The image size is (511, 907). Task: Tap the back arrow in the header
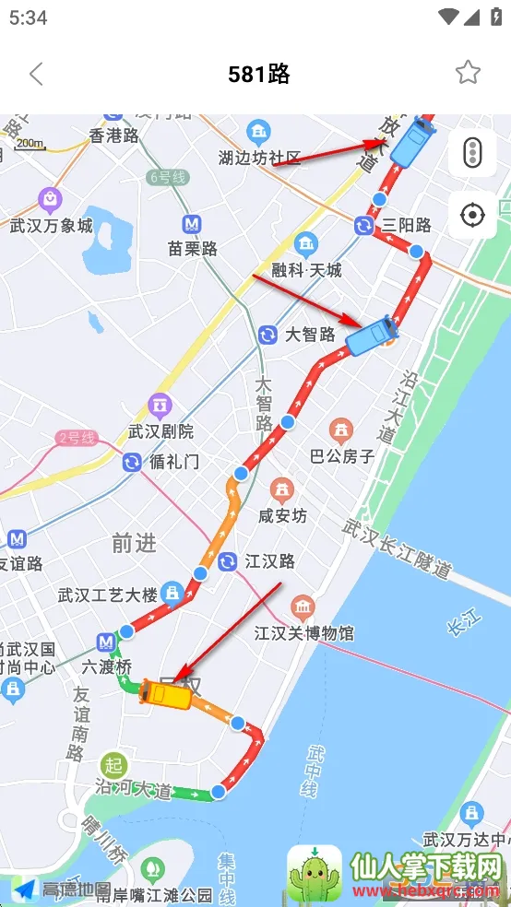(x=36, y=74)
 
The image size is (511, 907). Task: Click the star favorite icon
(x=468, y=73)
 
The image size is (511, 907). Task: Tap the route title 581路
(x=259, y=74)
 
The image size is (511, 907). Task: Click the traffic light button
(x=472, y=152)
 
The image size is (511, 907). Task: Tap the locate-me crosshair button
(x=472, y=216)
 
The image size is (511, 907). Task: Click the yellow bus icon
(x=166, y=694)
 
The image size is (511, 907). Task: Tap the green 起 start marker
(x=113, y=764)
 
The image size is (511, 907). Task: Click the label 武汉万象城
(x=52, y=225)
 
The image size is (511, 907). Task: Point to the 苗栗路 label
(x=193, y=248)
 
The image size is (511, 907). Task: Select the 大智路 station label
(x=310, y=334)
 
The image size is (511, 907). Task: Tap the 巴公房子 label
(x=342, y=455)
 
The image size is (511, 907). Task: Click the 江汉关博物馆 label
(x=304, y=633)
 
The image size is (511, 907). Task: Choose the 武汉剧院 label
(x=161, y=430)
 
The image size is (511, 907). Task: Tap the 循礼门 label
(x=173, y=461)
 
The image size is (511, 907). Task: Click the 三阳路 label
(x=407, y=225)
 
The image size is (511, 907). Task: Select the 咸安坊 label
(x=282, y=515)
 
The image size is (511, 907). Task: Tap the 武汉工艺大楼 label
(x=107, y=594)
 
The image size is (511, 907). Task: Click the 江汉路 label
(x=269, y=560)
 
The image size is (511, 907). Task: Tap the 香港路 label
(x=113, y=135)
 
